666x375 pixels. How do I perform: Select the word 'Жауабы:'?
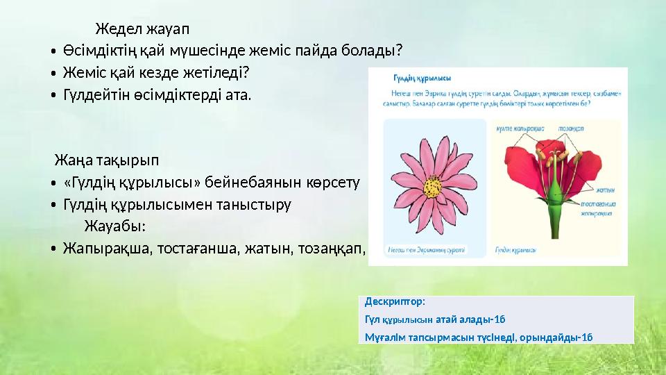(x=114, y=226)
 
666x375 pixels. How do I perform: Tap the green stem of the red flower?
(x=555, y=219)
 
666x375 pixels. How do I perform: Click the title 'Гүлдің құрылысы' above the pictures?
(x=422, y=78)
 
